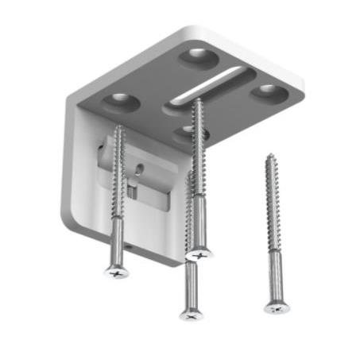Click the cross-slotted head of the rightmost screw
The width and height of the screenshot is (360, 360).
pyautogui.click(x=276, y=307)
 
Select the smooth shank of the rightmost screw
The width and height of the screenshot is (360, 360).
pyautogui.click(x=274, y=274)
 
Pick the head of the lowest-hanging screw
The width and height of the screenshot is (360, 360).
pyautogui.click(x=191, y=314)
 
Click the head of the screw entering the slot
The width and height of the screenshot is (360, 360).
pyautogui.click(x=199, y=254)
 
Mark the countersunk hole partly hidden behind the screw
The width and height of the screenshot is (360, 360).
pyautogui.click(x=188, y=132)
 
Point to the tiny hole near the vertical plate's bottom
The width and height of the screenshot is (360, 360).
pyautogui.click(x=133, y=249)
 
